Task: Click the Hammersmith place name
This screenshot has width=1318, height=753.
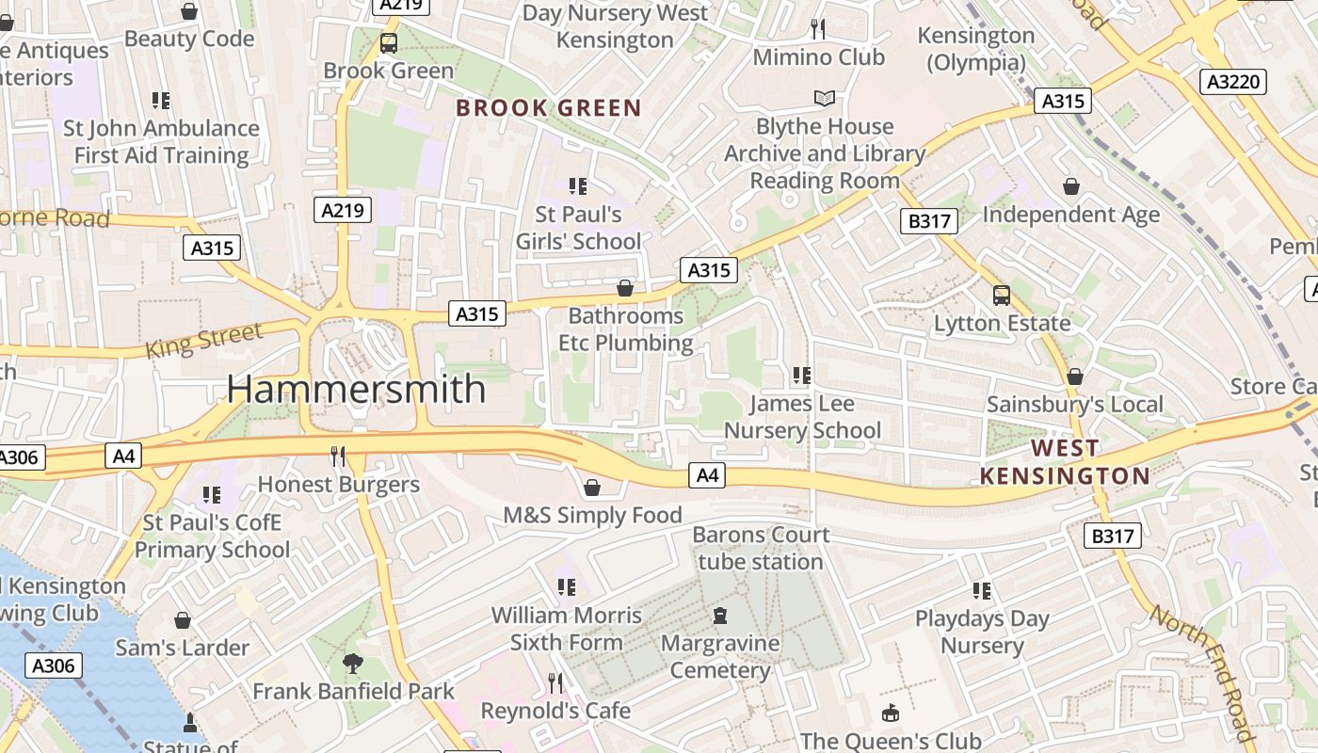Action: tap(356, 389)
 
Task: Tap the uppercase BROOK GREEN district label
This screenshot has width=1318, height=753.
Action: tap(549, 108)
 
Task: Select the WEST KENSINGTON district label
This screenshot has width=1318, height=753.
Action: tap(1065, 462)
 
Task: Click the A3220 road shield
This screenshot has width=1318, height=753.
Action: tap(1233, 82)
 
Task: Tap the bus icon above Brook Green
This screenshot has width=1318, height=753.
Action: tap(388, 42)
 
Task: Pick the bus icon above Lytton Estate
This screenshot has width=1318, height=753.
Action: tap(1002, 296)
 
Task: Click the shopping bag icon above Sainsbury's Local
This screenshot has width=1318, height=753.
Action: tap(1075, 376)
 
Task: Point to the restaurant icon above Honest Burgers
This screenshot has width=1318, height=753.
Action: tap(338, 457)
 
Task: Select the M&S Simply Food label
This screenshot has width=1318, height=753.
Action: tap(592, 515)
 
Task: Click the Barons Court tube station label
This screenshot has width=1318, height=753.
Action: tap(761, 548)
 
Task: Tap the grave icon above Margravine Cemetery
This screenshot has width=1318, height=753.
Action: tap(720, 616)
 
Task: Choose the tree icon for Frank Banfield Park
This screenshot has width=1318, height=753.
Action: tap(353, 664)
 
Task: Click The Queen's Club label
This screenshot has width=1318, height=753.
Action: tap(891, 741)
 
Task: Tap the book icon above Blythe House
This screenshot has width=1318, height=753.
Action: tap(825, 98)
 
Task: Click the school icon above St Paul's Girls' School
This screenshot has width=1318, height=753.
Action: tap(578, 186)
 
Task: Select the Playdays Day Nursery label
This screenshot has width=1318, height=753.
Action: tap(982, 633)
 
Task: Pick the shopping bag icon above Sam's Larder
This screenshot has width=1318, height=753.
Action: tap(183, 620)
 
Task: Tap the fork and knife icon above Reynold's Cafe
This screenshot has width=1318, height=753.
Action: tap(555, 682)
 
